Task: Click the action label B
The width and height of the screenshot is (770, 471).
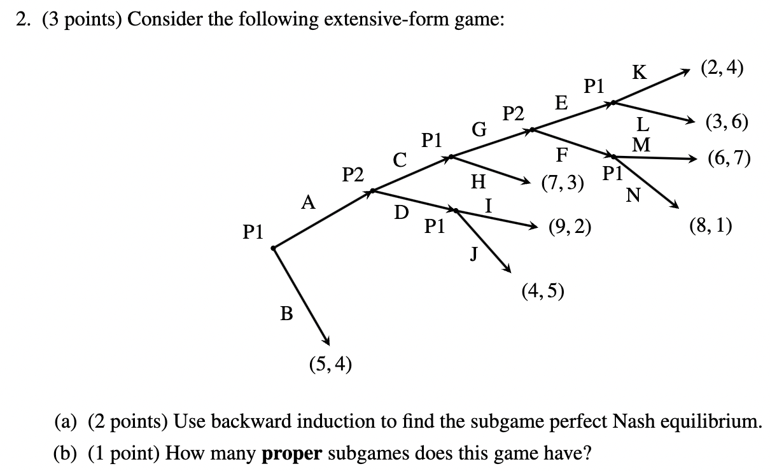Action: tap(287, 313)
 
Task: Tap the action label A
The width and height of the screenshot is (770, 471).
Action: tap(309, 203)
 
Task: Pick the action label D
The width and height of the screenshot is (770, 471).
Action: tap(402, 213)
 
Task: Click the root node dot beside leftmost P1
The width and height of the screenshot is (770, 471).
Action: tap(274, 248)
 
